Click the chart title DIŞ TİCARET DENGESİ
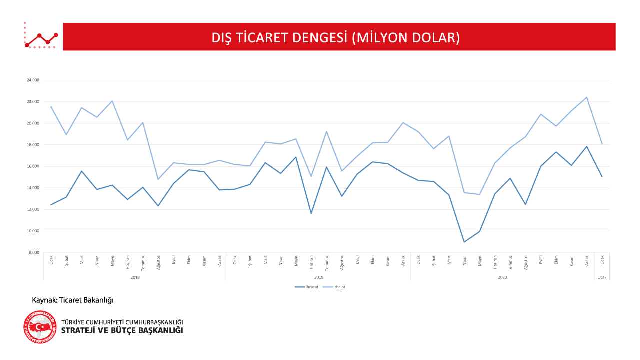(x=335, y=37)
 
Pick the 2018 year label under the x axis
(x=135, y=277)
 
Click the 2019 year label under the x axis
(x=319, y=277)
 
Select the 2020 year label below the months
(x=502, y=277)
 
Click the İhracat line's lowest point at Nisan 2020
(x=464, y=242)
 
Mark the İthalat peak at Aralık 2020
(x=587, y=97)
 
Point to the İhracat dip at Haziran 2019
(x=311, y=213)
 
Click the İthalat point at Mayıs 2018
(x=112, y=101)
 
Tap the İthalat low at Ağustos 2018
(x=158, y=179)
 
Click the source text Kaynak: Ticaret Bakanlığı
(x=73, y=300)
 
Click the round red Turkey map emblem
(x=40, y=327)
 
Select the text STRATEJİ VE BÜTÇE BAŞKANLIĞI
(x=122, y=331)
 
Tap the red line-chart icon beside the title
(x=41, y=36)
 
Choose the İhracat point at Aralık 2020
(x=587, y=146)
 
